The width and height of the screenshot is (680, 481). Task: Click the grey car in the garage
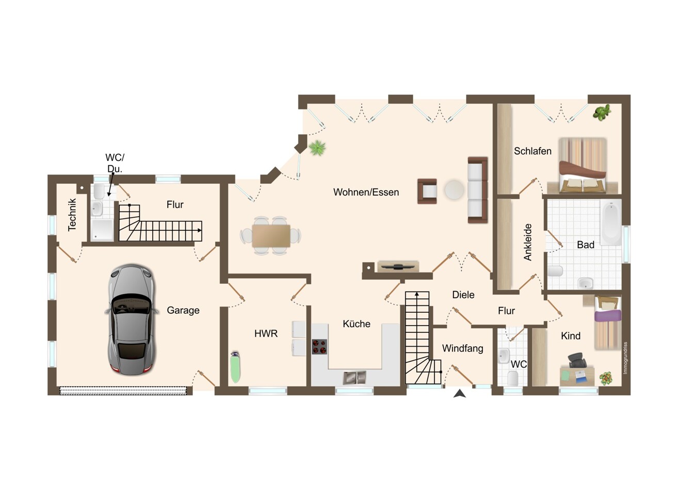click(132, 319)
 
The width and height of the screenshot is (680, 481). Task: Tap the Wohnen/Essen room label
click(366, 192)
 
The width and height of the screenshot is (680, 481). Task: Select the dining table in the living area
click(271, 236)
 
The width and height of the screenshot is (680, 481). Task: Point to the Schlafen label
click(532, 151)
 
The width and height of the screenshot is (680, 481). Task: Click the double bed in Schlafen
click(582, 166)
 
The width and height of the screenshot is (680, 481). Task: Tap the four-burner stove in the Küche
click(319, 347)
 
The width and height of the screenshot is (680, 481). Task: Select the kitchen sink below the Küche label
click(354, 377)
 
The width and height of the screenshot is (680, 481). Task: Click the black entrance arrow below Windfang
click(460, 393)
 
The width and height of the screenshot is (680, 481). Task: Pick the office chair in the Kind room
click(577, 360)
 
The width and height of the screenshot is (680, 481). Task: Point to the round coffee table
click(454, 190)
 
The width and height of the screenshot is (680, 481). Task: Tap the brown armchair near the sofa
click(427, 191)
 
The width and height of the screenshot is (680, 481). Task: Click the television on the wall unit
click(398, 266)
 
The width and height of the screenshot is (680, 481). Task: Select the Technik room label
click(72, 215)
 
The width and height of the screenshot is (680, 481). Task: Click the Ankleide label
click(528, 242)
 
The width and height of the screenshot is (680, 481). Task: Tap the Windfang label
click(462, 348)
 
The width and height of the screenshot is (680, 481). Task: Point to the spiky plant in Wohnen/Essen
click(317, 148)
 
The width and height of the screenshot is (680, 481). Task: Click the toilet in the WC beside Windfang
click(513, 378)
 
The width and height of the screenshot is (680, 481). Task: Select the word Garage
click(183, 310)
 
